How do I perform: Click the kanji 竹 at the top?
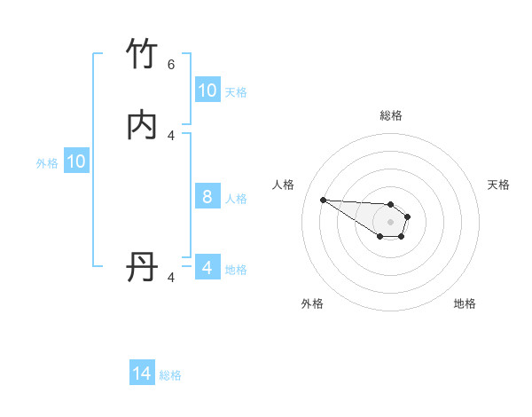tap(143, 55)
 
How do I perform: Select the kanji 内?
tap(143, 125)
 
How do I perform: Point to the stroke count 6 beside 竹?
tap(171, 64)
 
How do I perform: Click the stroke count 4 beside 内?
tap(171, 135)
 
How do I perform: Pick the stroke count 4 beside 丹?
tap(171, 277)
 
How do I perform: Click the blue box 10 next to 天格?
tap(207, 90)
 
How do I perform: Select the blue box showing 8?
tap(207, 197)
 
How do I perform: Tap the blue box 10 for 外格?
tap(76, 161)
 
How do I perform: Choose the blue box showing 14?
tap(142, 374)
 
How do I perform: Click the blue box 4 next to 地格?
tap(207, 268)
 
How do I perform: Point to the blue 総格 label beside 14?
tap(170, 375)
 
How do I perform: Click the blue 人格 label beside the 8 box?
tap(236, 198)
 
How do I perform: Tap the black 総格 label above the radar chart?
tap(391, 115)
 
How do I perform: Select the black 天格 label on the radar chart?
tap(498, 185)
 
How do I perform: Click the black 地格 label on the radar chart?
tap(465, 303)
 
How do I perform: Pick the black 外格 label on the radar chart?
tap(312, 303)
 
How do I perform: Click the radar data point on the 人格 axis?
tap(323, 200)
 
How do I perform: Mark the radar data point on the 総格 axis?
tap(391, 203)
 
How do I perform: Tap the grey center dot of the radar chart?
tap(391, 222)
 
